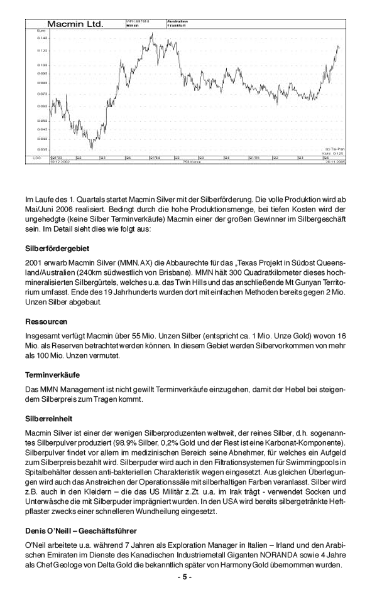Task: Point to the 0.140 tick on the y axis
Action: point(42,38)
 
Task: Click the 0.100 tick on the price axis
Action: point(42,65)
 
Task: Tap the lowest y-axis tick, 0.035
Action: point(42,149)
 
